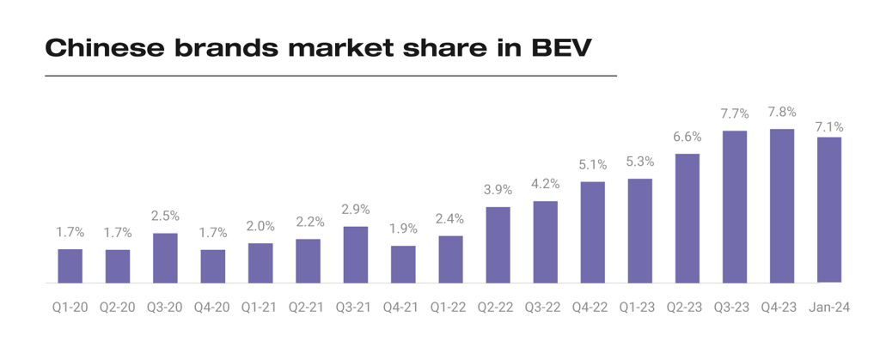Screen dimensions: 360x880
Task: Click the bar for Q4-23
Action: click(782, 205)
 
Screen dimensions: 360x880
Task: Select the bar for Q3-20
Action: click(165, 258)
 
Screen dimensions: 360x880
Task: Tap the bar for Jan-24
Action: click(829, 210)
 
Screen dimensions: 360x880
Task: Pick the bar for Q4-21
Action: click(403, 264)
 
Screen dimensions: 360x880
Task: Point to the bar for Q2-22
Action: click(498, 245)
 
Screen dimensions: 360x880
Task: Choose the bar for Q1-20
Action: click(70, 265)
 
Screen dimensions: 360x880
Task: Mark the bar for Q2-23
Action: click(687, 218)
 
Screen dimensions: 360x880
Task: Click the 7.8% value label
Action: click(782, 112)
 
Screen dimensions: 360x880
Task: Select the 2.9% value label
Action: click(355, 210)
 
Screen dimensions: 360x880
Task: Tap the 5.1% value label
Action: click(592, 164)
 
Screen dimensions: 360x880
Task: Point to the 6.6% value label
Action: click(687, 137)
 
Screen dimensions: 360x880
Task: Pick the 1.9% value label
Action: click(403, 229)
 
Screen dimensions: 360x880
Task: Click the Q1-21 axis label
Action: click(260, 306)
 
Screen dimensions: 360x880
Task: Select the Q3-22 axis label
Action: click(545, 306)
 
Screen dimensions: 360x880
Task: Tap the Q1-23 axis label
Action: click(640, 306)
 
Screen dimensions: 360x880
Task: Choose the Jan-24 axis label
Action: click(829, 306)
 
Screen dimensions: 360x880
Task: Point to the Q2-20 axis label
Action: click(118, 306)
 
